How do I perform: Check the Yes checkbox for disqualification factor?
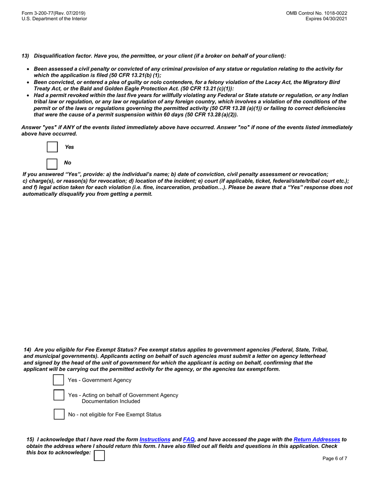(52, 147)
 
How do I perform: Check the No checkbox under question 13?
(52, 163)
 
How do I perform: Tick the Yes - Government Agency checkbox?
(59, 380)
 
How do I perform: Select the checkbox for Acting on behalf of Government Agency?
(59, 395)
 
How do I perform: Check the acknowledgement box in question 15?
(99, 455)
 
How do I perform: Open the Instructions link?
(155, 439)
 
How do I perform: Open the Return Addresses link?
(317, 439)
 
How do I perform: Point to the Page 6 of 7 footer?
(335, 459)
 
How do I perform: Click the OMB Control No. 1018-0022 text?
(317, 13)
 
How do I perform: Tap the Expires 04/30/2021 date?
(326, 19)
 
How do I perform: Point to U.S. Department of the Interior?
(54, 19)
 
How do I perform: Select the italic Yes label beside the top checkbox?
(69, 147)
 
